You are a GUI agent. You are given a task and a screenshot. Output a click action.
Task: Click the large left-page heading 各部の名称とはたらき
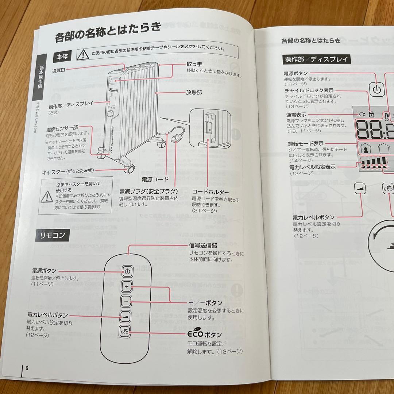click(x=108, y=36)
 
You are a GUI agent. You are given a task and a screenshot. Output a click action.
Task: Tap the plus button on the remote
click(x=127, y=287)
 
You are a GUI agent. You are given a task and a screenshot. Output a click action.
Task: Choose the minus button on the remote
click(x=126, y=302)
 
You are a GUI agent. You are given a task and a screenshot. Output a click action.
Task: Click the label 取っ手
click(x=194, y=64)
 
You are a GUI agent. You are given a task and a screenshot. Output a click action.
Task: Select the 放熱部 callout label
click(x=194, y=93)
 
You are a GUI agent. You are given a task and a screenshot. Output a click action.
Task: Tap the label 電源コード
click(x=155, y=179)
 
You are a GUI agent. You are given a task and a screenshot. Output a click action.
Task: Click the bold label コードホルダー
click(x=210, y=192)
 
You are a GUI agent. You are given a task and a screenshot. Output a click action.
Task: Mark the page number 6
click(x=27, y=368)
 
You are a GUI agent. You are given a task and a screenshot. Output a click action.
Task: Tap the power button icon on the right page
click(x=377, y=89)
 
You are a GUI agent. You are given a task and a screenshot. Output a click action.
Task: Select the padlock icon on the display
click(x=371, y=115)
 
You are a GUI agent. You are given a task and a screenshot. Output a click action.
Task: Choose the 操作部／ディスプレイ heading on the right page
click(x=316, y=59)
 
